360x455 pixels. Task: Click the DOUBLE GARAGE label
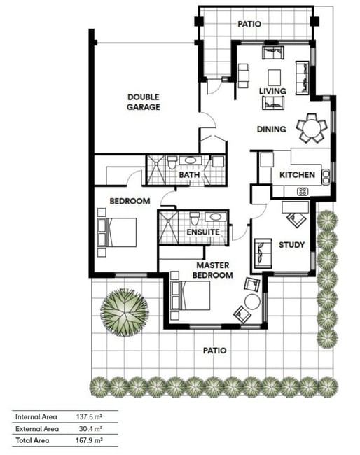144,102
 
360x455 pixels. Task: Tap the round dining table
312,128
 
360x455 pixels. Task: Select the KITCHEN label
297,175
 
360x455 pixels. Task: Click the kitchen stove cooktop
303,191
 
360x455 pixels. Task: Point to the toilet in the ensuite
195,218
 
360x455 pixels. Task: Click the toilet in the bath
172,163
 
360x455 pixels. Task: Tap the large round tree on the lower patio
125,312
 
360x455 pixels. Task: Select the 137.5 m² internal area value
89,417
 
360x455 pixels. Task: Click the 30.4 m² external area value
90,428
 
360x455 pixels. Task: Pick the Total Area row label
32,440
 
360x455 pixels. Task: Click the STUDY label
291,245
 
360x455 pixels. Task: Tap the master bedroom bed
191,295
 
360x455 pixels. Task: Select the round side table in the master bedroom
252,302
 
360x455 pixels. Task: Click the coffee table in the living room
274,78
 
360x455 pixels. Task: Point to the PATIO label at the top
249,24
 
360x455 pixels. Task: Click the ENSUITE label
203,232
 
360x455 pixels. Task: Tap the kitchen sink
326,177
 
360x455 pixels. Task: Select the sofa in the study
263,253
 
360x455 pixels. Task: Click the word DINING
272,129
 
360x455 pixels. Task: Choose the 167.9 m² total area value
89,440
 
